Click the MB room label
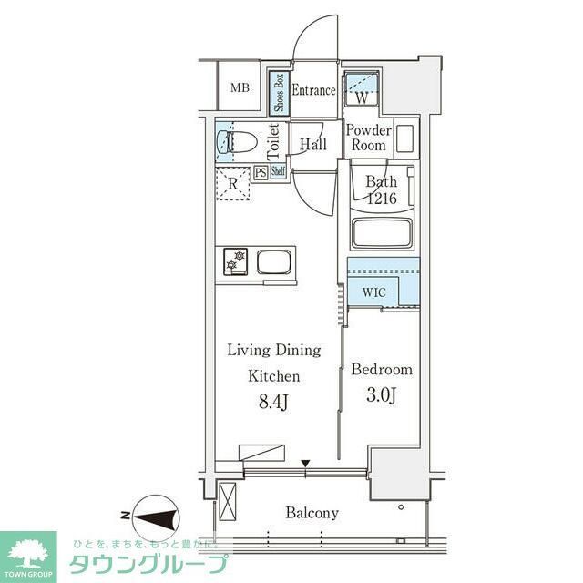click(x=240, y=88)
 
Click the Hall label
click(x=313, y=144)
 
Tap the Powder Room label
click(x=368, y=138)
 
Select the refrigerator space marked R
click(x=234, y=182)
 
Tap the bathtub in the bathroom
click(x=383, y=233)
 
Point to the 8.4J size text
click(x=273, y=400)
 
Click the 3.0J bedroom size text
click(x=381, y=395)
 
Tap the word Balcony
click(x=312, y=513)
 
